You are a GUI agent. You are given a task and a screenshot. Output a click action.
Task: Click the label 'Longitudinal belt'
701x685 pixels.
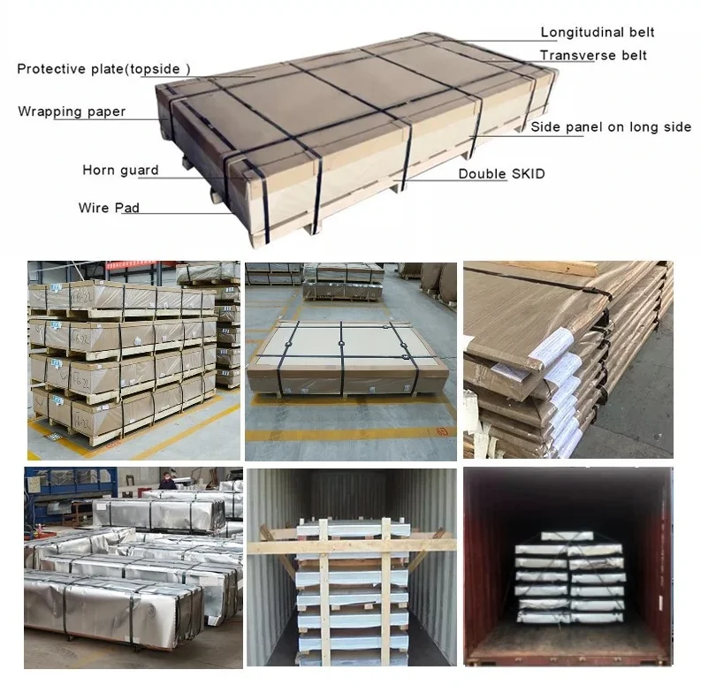point(598,34)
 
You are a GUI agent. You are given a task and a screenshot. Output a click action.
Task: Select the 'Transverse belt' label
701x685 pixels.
point(593,56)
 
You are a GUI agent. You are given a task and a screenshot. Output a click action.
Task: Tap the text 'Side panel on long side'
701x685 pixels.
point(611,127)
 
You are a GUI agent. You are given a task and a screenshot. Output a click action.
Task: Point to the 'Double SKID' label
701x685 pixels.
point(501,174)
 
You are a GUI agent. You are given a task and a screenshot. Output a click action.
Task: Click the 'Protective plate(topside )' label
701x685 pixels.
point(103,69)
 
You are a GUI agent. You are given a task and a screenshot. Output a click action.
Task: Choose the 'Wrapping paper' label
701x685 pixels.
point(72,111)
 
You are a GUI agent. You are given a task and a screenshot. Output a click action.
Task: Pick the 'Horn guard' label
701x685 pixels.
point(120,171)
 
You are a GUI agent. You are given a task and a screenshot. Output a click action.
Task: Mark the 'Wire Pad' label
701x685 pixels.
point(109,208)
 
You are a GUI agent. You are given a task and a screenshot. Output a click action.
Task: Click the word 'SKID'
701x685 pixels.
point(529,174)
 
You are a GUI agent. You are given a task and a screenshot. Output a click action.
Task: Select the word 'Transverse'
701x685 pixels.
point(575,56)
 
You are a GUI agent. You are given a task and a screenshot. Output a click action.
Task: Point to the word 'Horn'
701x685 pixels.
point(99,171)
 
